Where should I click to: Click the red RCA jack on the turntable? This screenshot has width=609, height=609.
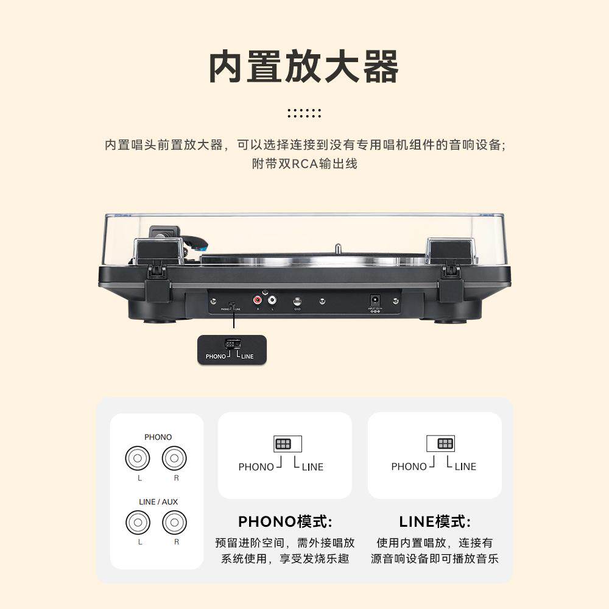click(x=258, y=300)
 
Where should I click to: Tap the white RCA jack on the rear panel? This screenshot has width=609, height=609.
click(x=271, y=300)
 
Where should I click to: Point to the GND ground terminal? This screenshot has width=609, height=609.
click(x=297, y=301)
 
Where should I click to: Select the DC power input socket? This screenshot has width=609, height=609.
click(x=375, y=300)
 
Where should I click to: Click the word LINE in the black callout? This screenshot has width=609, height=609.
click(x=247, y=356)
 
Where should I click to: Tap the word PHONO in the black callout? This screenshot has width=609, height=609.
click(x=216, y=356)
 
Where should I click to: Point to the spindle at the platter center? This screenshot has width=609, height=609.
click(x=336, y=250)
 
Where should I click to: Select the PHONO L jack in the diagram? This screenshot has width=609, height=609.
click(x=138, y=459)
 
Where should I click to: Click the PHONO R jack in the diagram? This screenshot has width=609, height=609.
click(x=174, y=459)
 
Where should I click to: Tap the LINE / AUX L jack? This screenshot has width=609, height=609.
click(x=138, y=523)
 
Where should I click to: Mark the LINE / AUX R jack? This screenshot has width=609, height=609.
click(x=174, y=523)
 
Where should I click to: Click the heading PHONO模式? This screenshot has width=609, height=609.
click(x=285, y=522)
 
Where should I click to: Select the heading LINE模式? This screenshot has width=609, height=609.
click(x=435, y=522)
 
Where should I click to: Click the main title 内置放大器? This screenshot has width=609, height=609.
click(x=304, y=67)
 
